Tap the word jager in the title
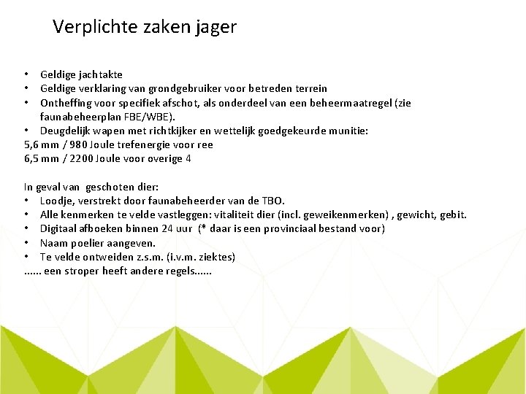pos(216,28)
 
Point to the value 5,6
pos(32,144)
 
